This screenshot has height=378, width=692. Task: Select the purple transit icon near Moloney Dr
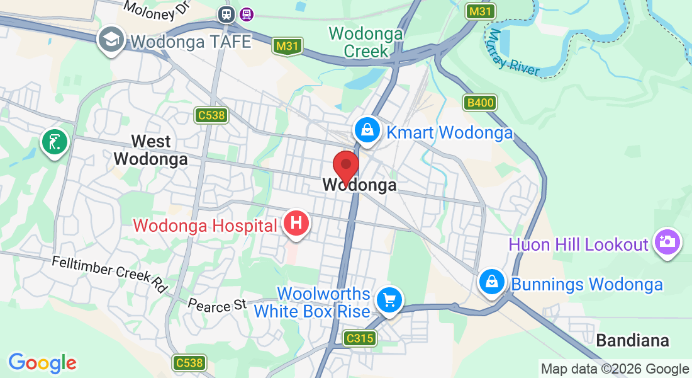pos(247,13)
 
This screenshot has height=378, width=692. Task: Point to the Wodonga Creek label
pos(366,42)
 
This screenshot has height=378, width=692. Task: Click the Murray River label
pos(515,52)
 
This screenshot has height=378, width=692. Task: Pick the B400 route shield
pos(480,103)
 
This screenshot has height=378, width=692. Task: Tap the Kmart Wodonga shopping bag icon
pos(366,130)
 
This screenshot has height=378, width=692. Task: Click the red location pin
pos(345,167)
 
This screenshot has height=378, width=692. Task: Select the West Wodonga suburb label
pos(151,149)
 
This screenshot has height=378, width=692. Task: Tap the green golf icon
pos(55,141)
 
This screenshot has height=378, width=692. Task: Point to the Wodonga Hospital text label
pos(205,226)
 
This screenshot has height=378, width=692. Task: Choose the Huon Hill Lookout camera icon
pos(667,241)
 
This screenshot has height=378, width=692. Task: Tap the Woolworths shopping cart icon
pos(389,299)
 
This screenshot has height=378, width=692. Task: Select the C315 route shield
pos(360,338)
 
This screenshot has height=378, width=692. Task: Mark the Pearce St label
pos(217,306)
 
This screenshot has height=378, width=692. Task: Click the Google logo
pos(42,363)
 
